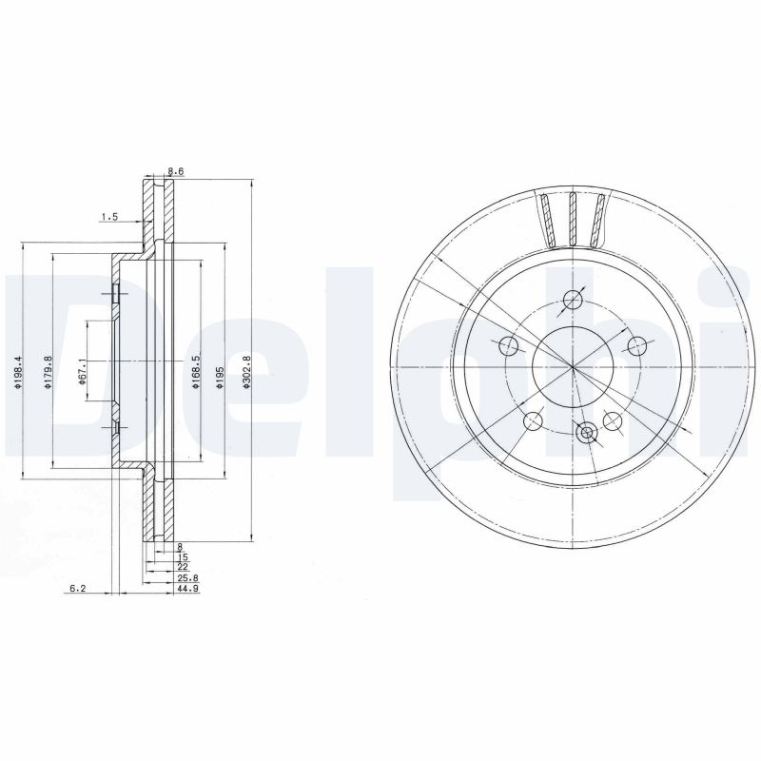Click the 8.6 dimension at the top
[x=176, y=171]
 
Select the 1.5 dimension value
[x=109, y=217]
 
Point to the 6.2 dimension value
[x=78, y=588]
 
